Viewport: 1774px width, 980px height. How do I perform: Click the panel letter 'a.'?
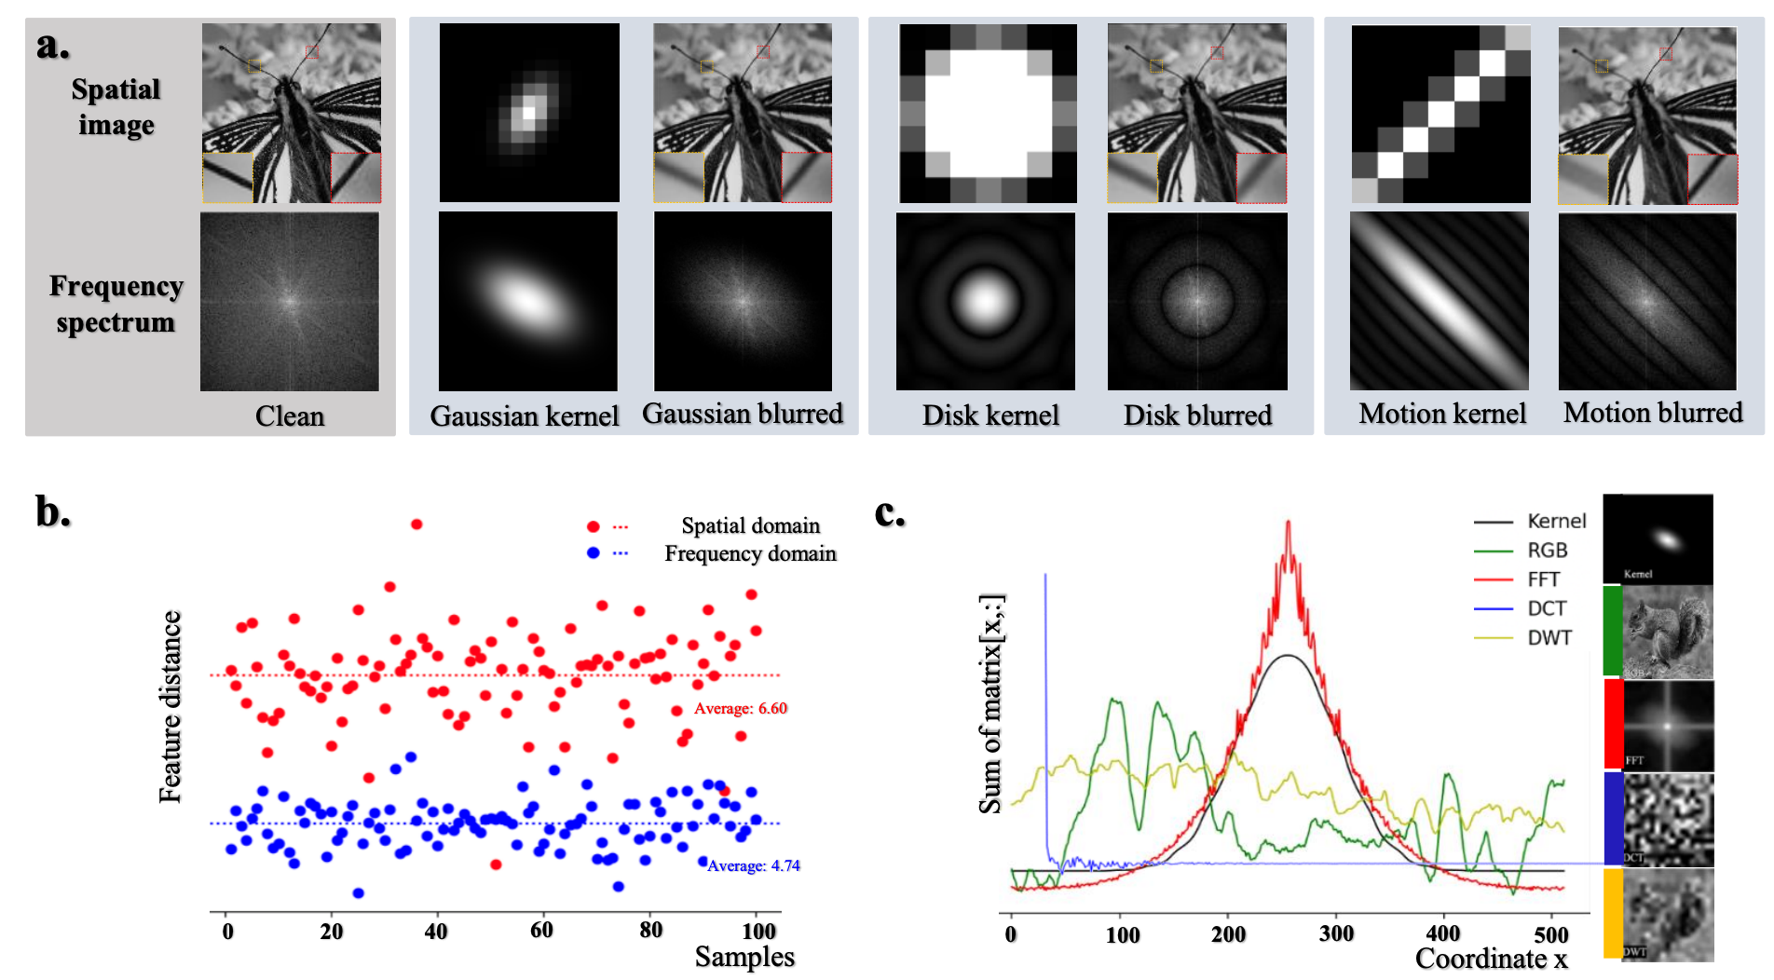pos(53,45)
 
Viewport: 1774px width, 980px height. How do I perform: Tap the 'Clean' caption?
pos(290,415)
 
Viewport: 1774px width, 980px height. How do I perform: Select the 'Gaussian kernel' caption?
pos(524,415)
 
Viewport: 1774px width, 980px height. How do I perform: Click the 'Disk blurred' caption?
pos(1197,415)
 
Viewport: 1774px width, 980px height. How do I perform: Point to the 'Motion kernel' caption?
pos(1441,413)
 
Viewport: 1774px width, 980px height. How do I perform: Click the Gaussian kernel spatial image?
pos(529,113)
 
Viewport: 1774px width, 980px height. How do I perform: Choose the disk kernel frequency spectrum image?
pos(985,301)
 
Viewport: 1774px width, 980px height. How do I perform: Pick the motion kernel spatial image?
pos(1440,114)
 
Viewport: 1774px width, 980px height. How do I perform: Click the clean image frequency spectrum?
pos(289,301)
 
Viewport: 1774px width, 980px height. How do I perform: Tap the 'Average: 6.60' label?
pos(740,708)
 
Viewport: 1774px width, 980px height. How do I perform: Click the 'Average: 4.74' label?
pos(753,865)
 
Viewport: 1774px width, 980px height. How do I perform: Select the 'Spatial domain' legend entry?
pos(750,525)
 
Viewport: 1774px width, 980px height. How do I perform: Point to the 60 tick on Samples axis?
pos(541,930)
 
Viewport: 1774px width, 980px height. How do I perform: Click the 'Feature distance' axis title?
pos(170,706)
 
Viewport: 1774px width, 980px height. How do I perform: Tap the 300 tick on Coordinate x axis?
pos(1336,933)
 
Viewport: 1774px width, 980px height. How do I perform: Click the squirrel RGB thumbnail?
pos(1667,633)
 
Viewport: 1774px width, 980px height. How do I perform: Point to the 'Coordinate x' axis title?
pos(1491,959)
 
